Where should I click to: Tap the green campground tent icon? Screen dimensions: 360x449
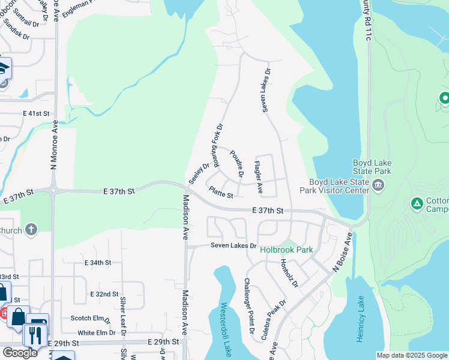417,204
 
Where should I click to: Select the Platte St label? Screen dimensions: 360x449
220,192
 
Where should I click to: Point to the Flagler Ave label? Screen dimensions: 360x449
258,177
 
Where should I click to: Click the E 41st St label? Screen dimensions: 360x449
35,113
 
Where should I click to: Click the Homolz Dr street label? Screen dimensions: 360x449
290,273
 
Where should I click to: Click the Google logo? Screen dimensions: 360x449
20,353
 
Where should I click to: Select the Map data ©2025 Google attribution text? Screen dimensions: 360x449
411,355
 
